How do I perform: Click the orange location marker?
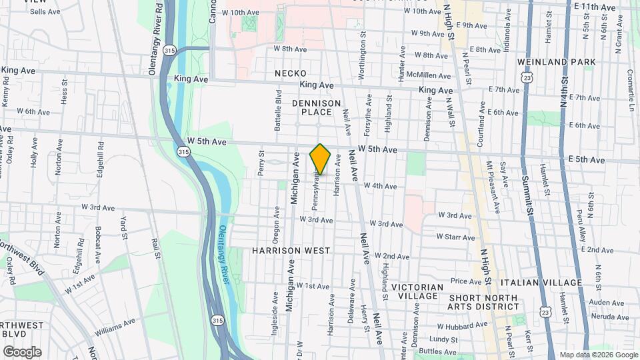point(321,159)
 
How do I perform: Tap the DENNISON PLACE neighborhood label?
point(317,107)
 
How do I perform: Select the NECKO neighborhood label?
point(291,73)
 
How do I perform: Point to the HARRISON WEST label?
point(291,251)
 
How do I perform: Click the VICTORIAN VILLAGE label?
point(417,291)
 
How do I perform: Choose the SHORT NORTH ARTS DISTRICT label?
point(483,302)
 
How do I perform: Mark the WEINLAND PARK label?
point(547,62)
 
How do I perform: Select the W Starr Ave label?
point(456,237)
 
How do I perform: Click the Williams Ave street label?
point(115,327)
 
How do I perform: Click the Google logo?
point(21,352)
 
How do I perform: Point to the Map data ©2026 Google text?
point(598,355)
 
